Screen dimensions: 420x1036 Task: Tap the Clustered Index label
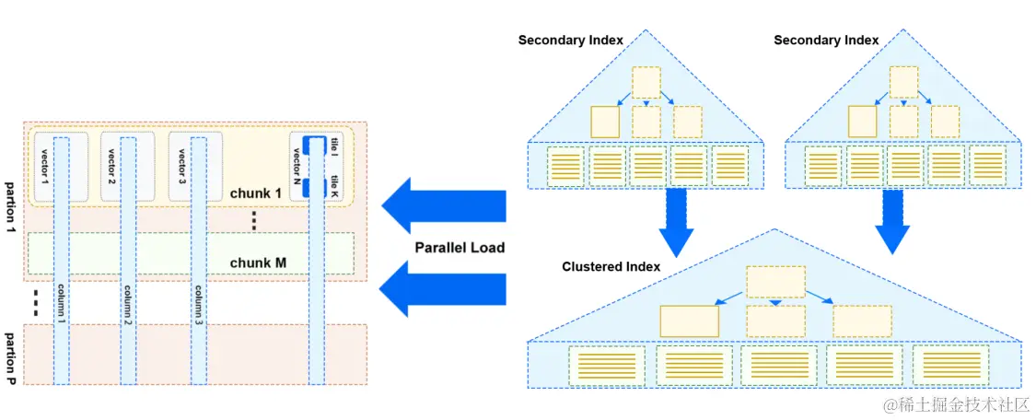611,266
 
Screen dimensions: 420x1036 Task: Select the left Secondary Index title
570,40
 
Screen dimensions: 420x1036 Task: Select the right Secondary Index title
826,40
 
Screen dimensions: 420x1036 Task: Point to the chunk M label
257,262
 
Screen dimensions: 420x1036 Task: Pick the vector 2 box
113,166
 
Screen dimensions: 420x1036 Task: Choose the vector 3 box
182,166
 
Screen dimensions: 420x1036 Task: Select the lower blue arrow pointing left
444,286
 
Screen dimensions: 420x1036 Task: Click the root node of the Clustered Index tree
775,282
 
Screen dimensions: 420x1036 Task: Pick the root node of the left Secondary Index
646,82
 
